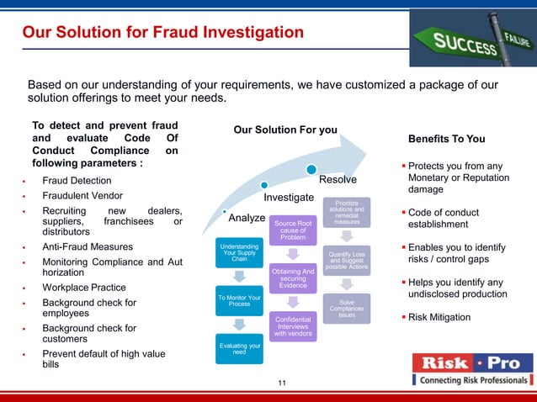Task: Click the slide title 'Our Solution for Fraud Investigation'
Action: click(x=162, y=33)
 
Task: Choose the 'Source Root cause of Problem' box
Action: click(x=293, y=230)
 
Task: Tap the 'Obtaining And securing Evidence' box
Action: click(x=293, y=278)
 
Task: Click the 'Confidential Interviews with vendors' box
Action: click(x=293, y=326)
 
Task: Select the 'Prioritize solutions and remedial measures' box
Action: click(x=346, y=211)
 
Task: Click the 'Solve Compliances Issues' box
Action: click(x=346, y=309)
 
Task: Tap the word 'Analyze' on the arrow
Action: click(x=247, y=218)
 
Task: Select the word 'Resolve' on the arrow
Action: click(x=338, y=180)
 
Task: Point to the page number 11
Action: click(x=282, y=384)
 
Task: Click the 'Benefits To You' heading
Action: click(x=446, y=139)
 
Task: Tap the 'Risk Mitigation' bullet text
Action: click(x=440, y=317)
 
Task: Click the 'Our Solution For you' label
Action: click(x=284, y=130)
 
